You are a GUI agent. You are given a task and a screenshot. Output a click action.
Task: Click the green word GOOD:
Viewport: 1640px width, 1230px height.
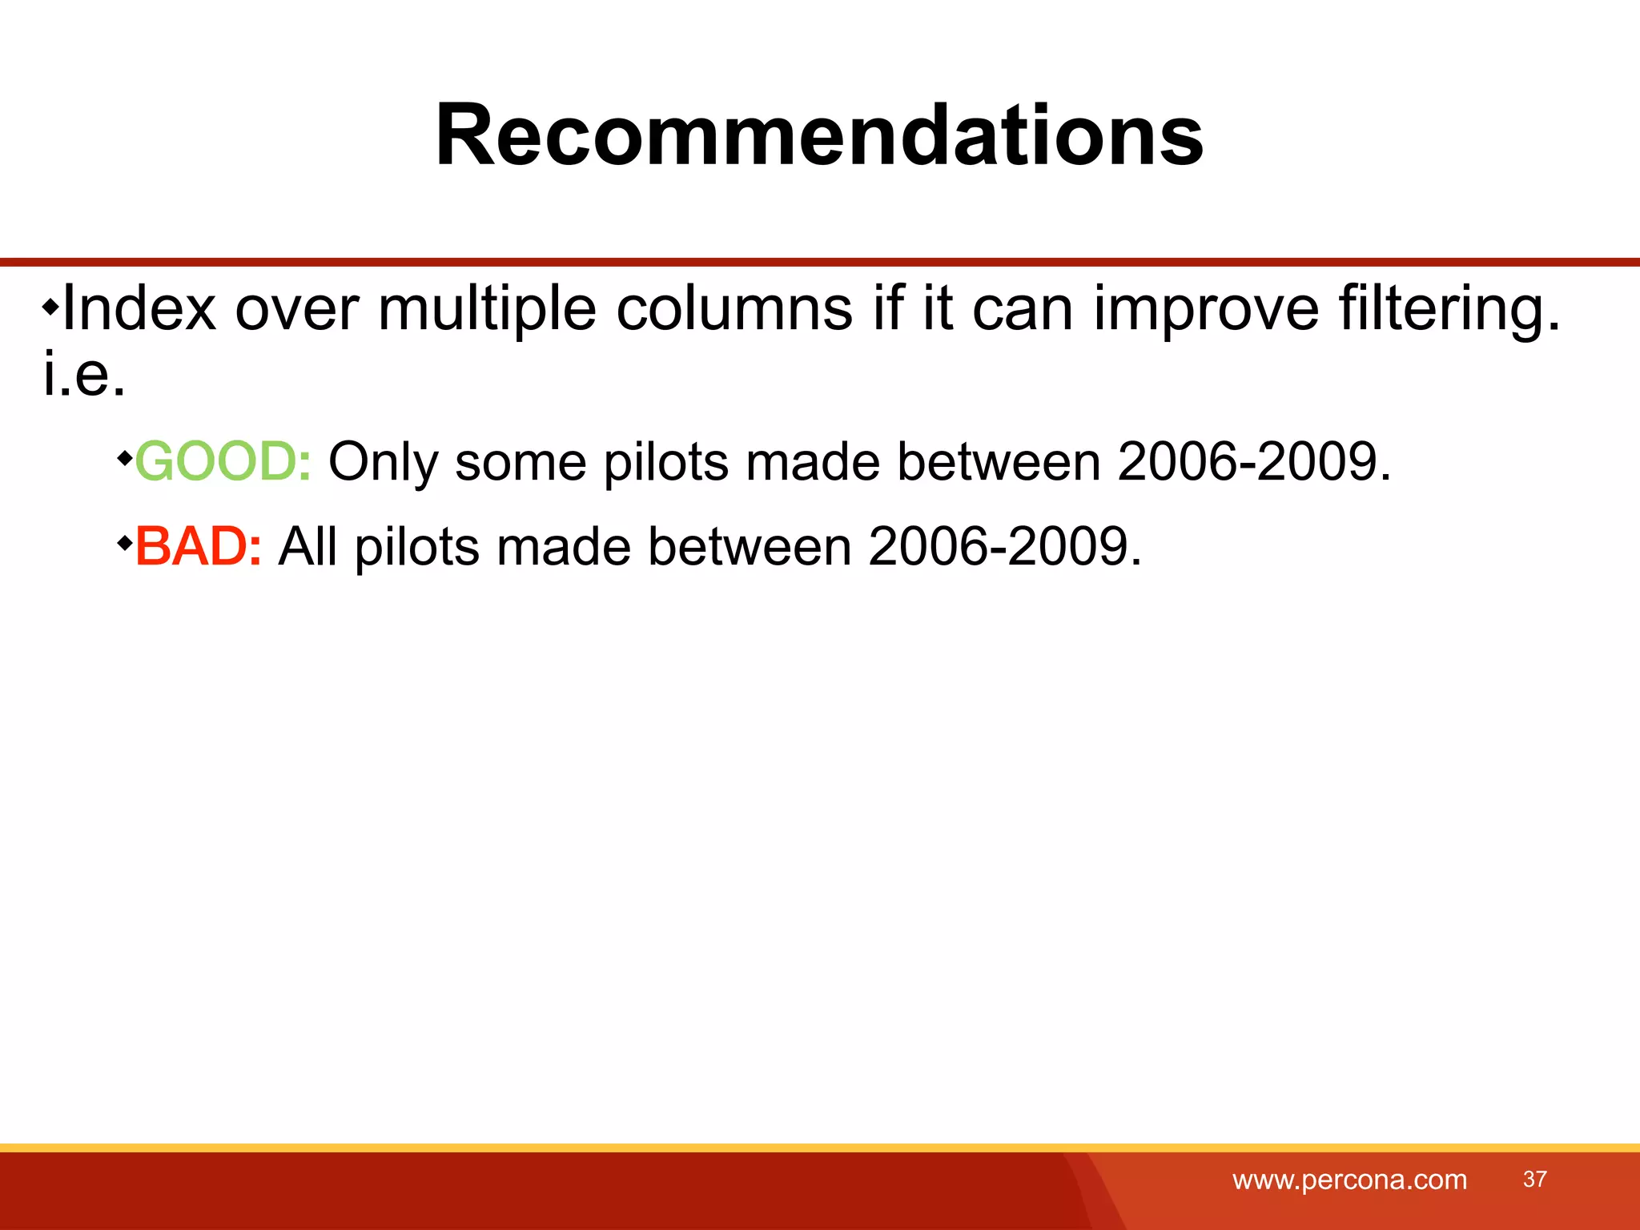[x=223, y=462]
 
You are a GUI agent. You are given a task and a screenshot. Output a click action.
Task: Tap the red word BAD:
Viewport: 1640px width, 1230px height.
[x=198, y=547]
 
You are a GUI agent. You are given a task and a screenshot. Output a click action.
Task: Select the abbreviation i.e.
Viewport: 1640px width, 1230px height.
[x=84, y=375]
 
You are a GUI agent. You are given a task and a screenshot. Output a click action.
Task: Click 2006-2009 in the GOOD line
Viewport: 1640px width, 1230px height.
[x=1254, y=462]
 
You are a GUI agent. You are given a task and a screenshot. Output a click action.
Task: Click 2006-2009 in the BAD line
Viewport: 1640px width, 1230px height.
[x=1004, y=547]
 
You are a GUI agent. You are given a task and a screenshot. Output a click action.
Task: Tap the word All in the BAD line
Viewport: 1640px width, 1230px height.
[x=307, y=547]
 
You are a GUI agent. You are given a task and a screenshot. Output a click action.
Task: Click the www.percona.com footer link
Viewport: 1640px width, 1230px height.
[x=1349, y=1180]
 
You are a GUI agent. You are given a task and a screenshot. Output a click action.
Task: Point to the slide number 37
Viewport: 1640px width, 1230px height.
[x=1534, y=1179]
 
